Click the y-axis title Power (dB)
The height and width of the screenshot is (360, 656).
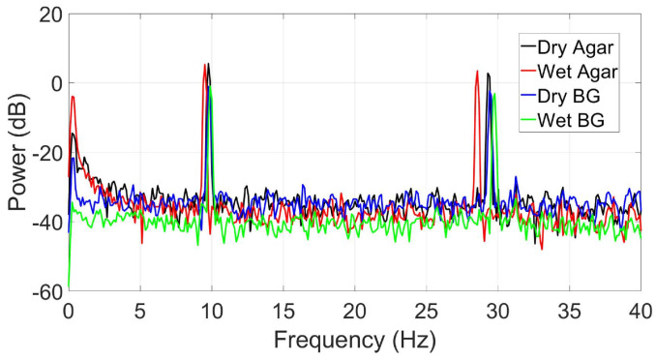[x=17, y=152]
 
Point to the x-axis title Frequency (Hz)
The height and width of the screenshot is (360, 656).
[x=354, y=340]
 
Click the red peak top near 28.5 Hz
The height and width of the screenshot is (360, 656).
[x=477, y=71]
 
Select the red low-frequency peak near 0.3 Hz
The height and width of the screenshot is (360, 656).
[x=73, y=97]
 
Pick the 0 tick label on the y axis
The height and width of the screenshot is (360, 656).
[x=55, y=84]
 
